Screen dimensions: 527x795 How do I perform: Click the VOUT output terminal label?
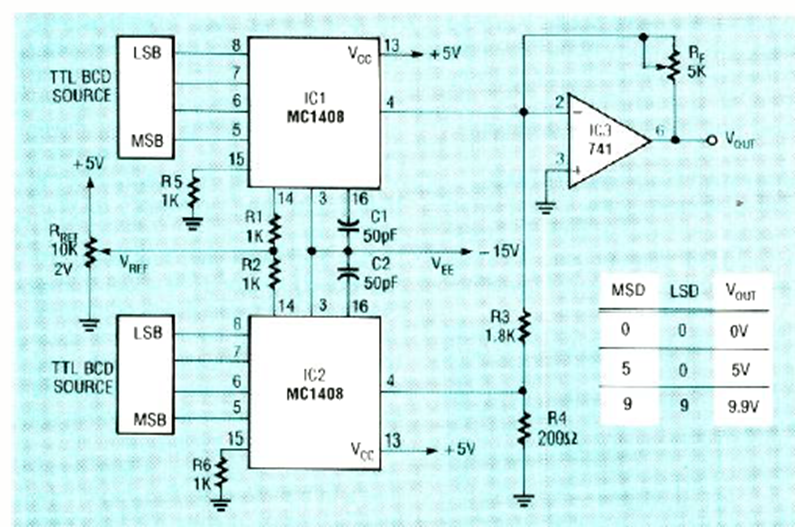(x=741, y=141)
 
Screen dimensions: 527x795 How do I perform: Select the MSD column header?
(x=626, y=291)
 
